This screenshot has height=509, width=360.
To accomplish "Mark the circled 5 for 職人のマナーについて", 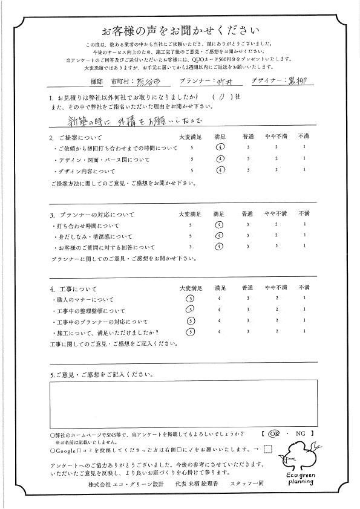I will [x=191, y=299].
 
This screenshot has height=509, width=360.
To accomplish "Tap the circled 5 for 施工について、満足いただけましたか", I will [x=191, y=331].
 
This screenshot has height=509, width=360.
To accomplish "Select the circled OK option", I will [x=274, y=434].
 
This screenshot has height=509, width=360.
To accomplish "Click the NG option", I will [x=297, y=434].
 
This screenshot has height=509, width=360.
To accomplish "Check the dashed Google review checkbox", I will [x=269, y=449].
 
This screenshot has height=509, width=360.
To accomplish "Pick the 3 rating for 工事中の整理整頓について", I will [x=247, y=310].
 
